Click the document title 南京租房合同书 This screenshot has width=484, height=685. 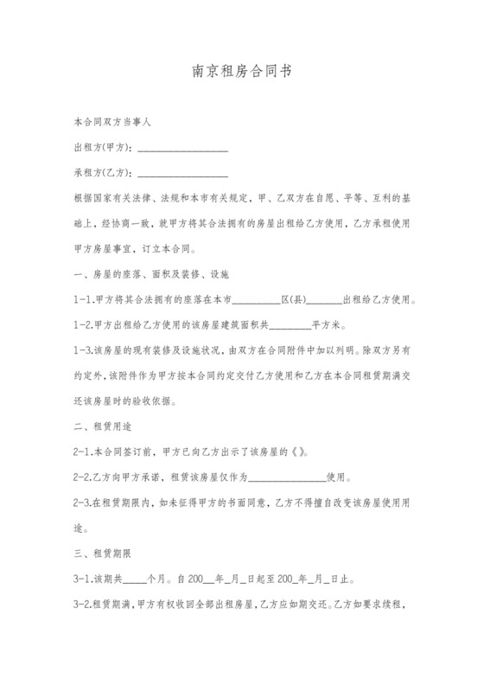(241, 74)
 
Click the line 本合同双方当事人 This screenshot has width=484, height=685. (113, 123)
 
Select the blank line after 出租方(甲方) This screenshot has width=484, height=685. (182, 150)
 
